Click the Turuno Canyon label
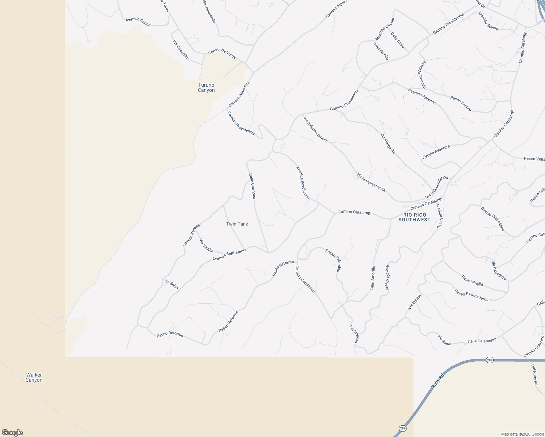click(206, 88)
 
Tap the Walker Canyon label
click(34, 377)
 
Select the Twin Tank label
click(237, 224)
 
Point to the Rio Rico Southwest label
click(414, 217)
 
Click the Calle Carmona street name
click(252, 186)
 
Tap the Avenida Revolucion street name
click(303, 183)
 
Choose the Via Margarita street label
click(388, 143)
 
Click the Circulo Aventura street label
click(436, 152)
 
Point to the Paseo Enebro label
click(461, 103)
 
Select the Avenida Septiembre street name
click(230, 255)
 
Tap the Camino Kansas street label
click(191, 235)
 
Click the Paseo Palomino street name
click(333, 260)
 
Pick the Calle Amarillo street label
click(372, 278)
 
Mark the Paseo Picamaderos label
click(471, 295)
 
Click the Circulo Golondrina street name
click(493, 219)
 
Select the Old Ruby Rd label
click(534, 375)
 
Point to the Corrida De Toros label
click(222, 54)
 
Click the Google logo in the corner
click(12, 433)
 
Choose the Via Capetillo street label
click(180, 50)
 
